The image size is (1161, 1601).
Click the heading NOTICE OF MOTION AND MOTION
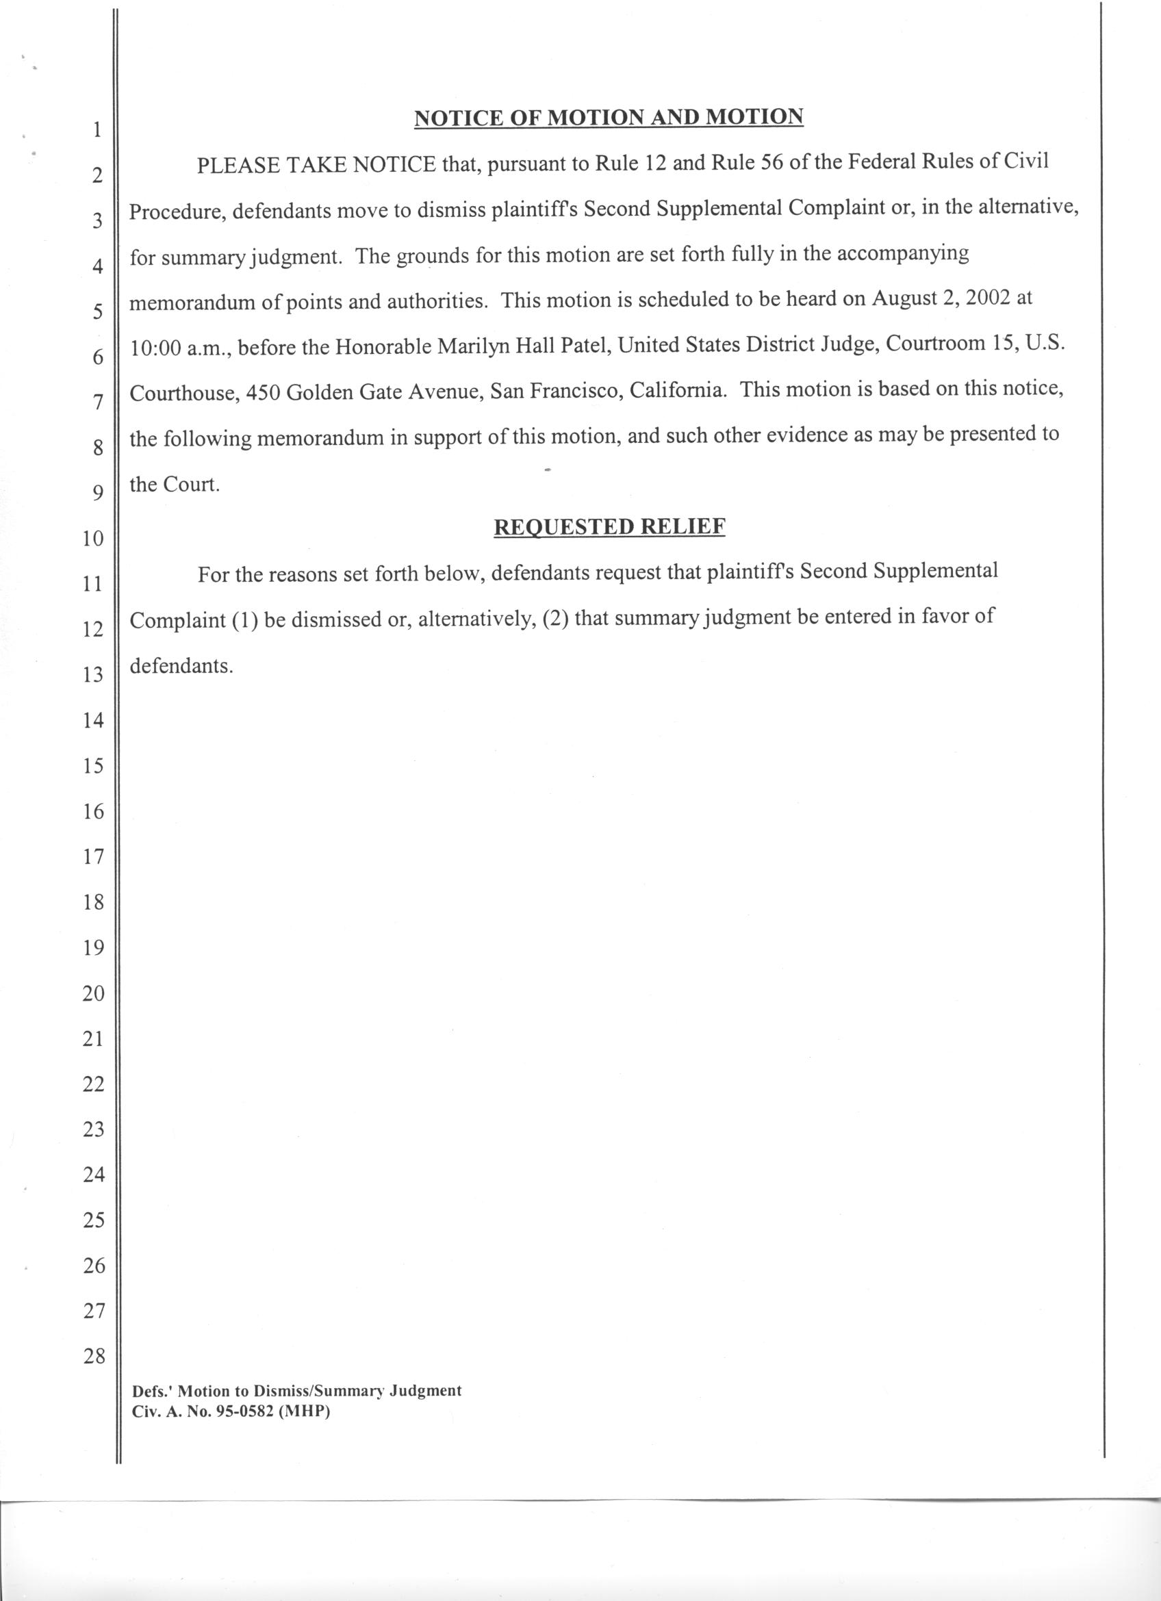pos(609,117)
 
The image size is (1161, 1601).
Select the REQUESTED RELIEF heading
pos(609,527)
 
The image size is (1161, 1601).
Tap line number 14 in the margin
pos(93,721)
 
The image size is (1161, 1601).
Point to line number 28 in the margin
pos(93,1356)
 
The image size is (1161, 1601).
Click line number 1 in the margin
pos(97,130)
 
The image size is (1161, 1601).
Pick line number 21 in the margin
pos(93,1038)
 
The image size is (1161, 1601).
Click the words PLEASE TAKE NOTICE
pos(316,165)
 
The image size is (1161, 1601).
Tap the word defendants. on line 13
pos(181,666)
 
